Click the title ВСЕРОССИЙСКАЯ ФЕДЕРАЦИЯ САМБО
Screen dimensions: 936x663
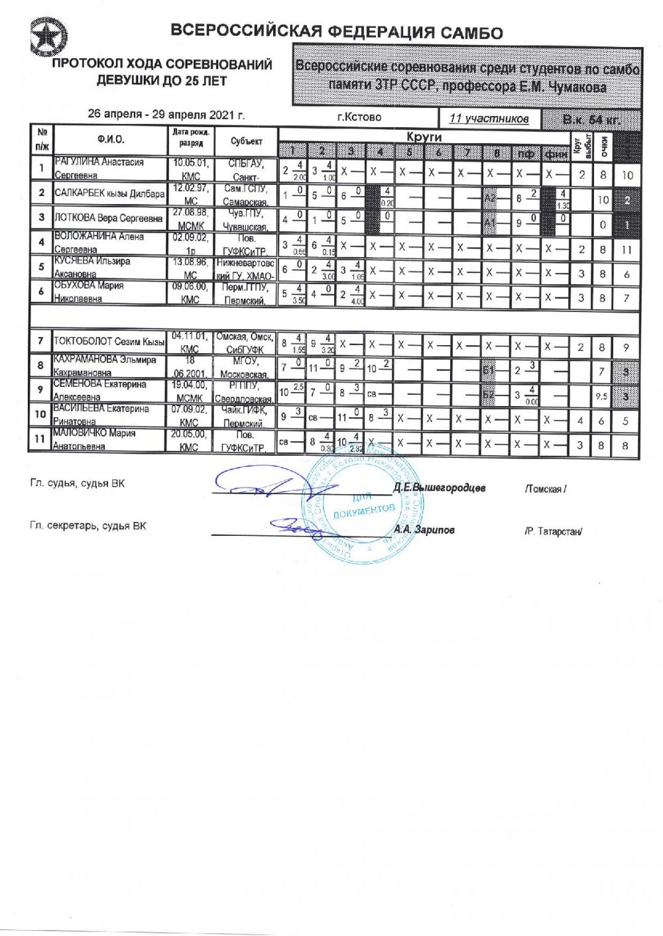337,32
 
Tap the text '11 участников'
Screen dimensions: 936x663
489,119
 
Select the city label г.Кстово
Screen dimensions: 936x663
359,117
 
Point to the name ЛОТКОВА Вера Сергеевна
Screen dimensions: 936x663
108,218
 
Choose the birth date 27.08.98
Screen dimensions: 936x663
190,212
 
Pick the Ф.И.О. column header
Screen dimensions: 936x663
111,140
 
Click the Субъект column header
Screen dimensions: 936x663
247,141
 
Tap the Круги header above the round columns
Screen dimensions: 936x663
424,136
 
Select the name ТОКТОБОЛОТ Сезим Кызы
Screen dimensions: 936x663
109,342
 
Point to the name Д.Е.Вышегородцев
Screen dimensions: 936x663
439,488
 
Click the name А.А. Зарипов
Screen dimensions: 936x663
424,529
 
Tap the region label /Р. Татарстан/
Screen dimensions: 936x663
553,531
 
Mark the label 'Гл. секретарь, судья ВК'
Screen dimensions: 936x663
88,526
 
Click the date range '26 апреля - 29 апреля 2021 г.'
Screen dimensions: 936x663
166,114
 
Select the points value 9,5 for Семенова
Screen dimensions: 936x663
602,397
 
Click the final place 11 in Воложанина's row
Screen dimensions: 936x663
627,250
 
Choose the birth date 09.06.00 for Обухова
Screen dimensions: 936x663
190,286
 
